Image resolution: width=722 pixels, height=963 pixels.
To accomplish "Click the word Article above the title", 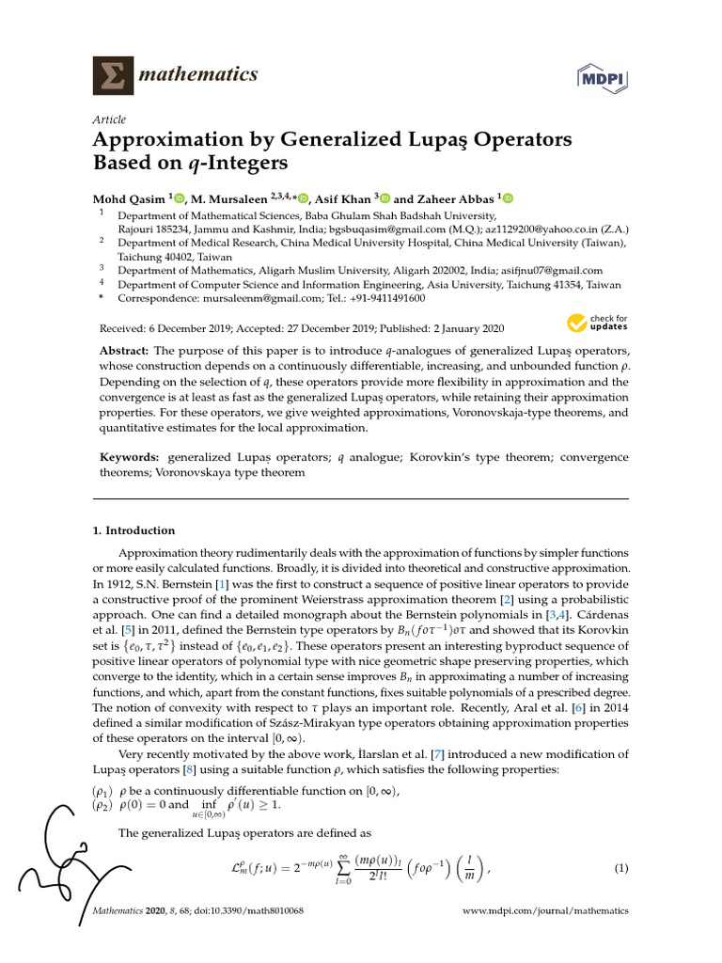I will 108,119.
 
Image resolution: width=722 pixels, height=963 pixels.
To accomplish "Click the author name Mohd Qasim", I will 129,198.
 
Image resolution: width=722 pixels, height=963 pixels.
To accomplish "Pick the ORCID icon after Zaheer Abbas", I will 510,198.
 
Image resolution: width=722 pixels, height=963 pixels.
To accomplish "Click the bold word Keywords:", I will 132,456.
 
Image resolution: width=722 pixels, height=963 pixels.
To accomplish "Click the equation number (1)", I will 620,868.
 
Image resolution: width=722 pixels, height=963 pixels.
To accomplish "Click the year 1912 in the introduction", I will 112,585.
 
